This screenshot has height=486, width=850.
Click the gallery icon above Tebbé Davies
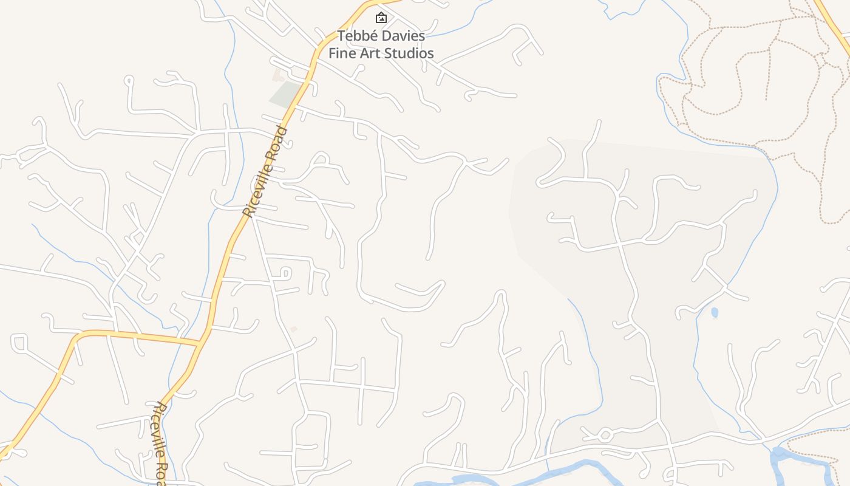(381, 18)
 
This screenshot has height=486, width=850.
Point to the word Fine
(342, 53)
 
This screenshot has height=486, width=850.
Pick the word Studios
(410, 53)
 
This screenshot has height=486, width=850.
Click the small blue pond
(715, 312)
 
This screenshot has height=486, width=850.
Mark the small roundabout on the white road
(605, 435)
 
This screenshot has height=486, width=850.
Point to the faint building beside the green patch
(278, 76)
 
